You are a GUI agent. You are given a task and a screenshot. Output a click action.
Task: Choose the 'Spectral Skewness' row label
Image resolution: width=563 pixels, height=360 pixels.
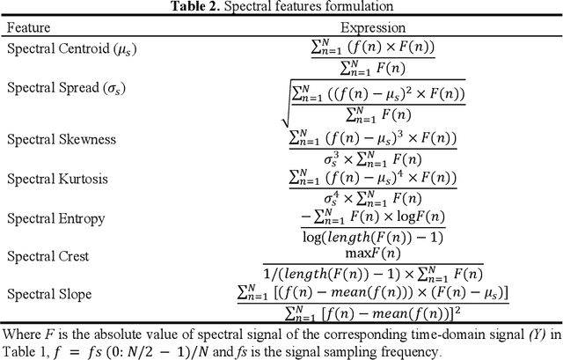61,140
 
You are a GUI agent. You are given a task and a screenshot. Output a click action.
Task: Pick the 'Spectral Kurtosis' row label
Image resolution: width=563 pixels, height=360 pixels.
58,179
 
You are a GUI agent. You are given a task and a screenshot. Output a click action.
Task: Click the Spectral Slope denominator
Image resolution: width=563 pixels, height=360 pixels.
374,310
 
